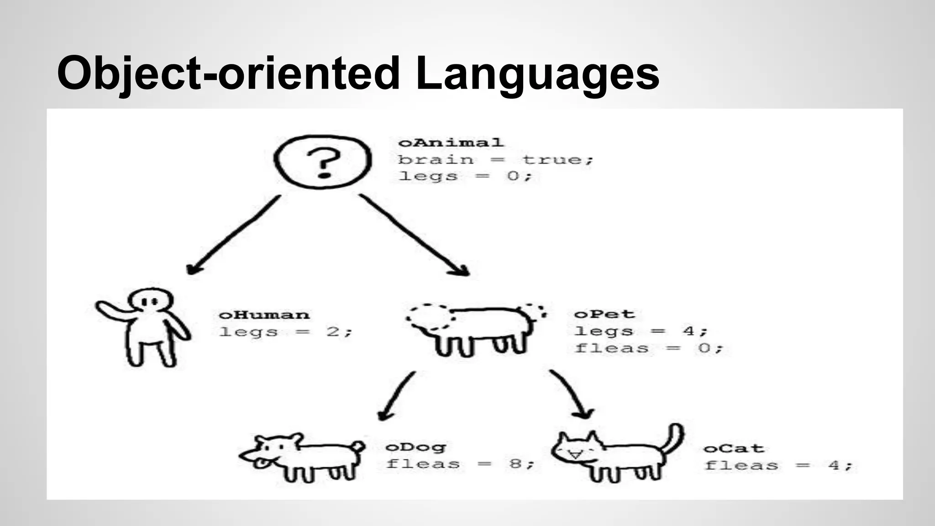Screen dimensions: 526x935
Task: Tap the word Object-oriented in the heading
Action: click(x=228, y=73)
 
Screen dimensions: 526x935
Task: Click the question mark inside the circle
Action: click(x=323, y=163)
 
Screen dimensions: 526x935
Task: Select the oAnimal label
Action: click(x=451, y=143)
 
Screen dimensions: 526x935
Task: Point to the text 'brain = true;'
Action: click(x=495, y=160)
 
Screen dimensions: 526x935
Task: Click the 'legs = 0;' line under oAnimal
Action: click(x=465, y=176)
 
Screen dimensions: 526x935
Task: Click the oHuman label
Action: click(x=264, y=315)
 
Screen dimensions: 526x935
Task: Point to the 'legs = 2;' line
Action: click(x=285, y=332)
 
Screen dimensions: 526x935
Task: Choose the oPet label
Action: click(x=604, y=314)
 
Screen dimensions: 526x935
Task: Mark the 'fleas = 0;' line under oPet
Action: click(x=649, y=348)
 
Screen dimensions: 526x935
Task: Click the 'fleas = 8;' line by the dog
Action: click(x=459, y=464)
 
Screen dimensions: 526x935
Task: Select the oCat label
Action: click(x=734, y=449)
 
